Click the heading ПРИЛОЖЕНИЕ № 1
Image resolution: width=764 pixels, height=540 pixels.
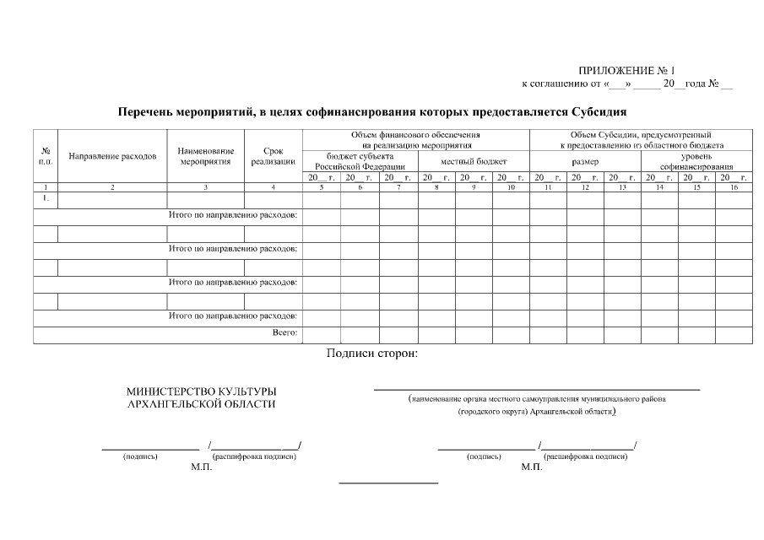coord(626,70)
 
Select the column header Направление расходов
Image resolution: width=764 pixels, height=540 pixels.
coord(112,156)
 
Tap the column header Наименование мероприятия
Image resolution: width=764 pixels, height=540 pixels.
coord(206,156)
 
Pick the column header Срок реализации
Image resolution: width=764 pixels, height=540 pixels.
coord(273,156)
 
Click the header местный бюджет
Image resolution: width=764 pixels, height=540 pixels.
coord(473,160)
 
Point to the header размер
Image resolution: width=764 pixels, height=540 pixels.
coord(584,161)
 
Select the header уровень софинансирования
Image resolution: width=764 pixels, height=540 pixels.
coord(696,161)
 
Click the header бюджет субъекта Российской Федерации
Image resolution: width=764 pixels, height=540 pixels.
coord(360,161)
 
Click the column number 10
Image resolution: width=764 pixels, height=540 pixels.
coord(510,186)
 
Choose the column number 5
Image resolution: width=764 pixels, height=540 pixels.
coord(321,186)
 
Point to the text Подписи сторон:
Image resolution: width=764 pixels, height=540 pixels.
coord(371,353)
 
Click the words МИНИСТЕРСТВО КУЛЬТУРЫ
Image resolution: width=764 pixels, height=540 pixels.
coord(201,391)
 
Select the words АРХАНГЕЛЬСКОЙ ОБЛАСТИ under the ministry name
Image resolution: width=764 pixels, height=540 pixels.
coord(201,404)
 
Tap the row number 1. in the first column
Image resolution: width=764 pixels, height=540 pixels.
coord(46,198)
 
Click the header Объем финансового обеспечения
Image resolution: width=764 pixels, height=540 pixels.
coord(415,134)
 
